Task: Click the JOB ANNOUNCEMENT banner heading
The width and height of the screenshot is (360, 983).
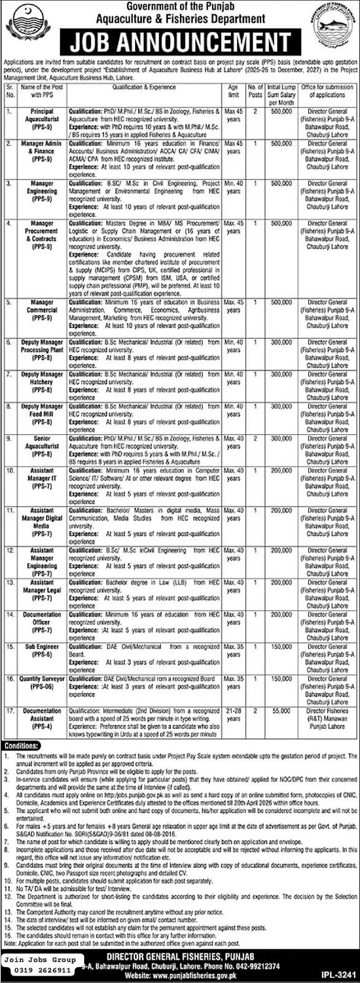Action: click(x=180, y=43)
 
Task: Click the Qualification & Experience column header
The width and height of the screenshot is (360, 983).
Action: click(x=144, y=88)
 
